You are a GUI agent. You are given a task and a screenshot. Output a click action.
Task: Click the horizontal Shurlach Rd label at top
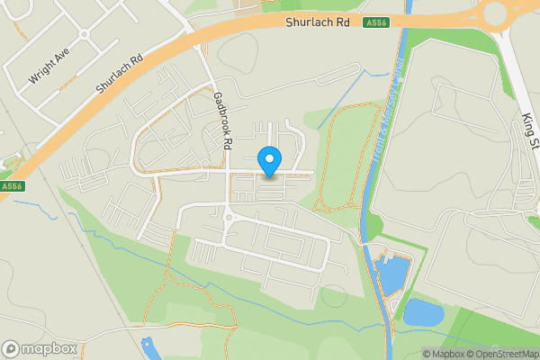(318, 22)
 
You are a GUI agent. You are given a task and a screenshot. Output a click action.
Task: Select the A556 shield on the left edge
(11, 186)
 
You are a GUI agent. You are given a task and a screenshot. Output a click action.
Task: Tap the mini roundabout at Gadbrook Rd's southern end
(229, 217)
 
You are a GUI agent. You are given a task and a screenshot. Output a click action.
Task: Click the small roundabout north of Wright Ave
(85, 35)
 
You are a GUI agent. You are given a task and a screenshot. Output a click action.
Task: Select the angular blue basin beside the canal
(392, 274)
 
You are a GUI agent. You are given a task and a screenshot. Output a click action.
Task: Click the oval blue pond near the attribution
(422, 312)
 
